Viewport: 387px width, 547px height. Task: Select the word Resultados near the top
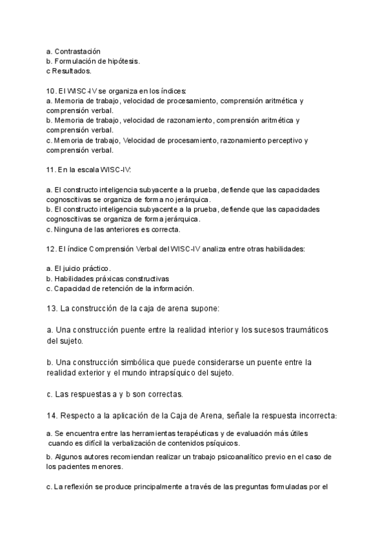coord(72,70)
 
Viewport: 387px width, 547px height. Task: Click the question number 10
coord(52,91)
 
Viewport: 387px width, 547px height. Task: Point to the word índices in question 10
coord(190,91)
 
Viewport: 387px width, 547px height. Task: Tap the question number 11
coord(52,170)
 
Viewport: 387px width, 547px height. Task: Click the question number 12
coord(52,248)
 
